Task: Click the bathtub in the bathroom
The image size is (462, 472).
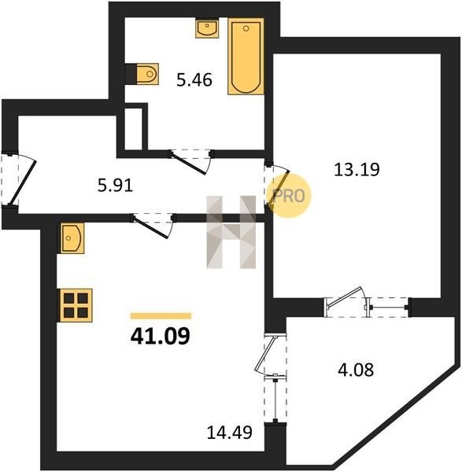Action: (x=246, y=57)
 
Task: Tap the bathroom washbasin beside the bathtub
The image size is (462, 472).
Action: (x=207, y=28)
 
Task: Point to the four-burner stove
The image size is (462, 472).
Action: (x=76, y=305)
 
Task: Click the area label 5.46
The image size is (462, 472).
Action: (x=194, y=80)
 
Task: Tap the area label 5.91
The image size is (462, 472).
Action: (x=115, y=186)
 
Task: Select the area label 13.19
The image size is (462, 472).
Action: (x=357, y=169)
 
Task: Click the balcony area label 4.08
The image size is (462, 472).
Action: (x=356, y=370)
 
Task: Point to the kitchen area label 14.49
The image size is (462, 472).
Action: (x=230, y=433)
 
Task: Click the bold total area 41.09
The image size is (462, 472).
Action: (x=161, y=336)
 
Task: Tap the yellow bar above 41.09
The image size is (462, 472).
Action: (x=161, y=315)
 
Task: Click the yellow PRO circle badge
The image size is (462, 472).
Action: (x=289, y=196)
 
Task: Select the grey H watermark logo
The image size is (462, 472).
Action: (x=231, y=232)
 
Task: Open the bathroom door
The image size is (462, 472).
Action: (x=191, y=161)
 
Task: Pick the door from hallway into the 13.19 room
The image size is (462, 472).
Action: (x=276, y=185)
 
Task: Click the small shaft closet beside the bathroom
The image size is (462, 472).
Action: (x=133, y=128)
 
